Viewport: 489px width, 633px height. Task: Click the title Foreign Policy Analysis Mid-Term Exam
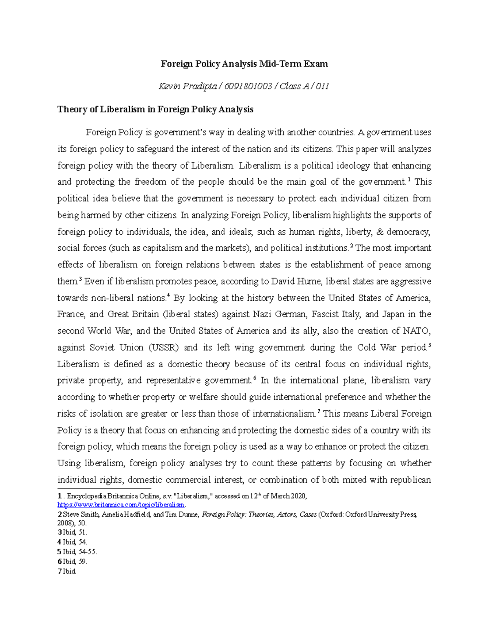tap(244, 64)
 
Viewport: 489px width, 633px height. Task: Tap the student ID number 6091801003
tap(248, 86)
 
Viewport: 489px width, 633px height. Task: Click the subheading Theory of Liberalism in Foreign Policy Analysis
tap(155, 109)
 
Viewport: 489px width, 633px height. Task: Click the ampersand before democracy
tap(381, 232)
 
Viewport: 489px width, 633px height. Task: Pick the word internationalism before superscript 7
tap(284, 414)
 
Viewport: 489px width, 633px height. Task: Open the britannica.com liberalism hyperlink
tap(121, 505)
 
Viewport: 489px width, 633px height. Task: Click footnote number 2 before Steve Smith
tap(59, 515)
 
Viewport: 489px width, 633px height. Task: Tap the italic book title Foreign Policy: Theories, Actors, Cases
tap(259, 515)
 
